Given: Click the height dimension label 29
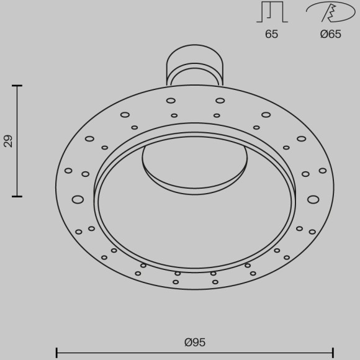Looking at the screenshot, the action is (x=9, y=141).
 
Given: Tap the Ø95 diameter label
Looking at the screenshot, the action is (x=195, y=343).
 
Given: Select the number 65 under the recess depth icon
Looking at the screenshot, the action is (x=272, y=34).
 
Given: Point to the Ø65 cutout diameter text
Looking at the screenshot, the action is (x=331, y=34).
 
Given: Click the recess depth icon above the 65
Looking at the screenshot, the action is (x=272, y=12).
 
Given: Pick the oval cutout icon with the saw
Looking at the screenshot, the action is (x=331, y=12).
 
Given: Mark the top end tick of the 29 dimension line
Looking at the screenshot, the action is (x=17, y=86).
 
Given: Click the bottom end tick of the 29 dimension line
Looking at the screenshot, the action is (x=17, y=197).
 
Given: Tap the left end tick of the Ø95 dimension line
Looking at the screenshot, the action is (x=56, y=353).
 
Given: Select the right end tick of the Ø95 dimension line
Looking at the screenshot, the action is (x=333, y=353).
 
